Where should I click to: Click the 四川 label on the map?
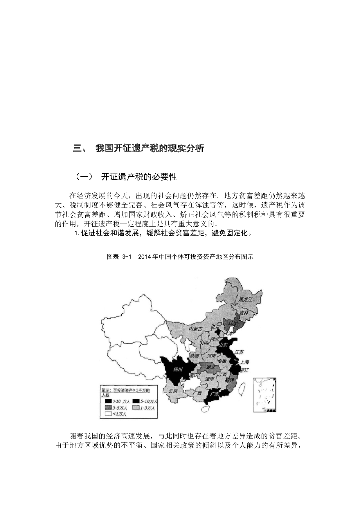178,369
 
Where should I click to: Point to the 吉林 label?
244,313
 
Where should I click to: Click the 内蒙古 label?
195,328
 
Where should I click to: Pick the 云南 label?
173,391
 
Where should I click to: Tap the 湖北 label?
210,367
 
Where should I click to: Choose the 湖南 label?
210,379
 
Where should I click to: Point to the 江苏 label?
239,352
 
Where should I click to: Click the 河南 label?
211,356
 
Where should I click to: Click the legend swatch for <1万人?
108,414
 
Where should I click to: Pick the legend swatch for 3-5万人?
108,408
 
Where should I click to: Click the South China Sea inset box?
264,395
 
